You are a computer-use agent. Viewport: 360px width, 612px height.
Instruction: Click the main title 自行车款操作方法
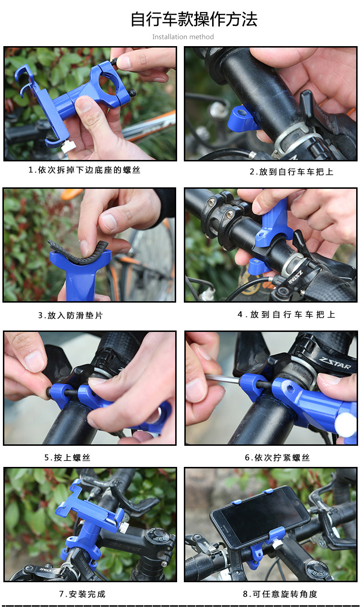coord(194,19)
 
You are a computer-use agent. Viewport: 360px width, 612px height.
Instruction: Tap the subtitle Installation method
coord(183,37)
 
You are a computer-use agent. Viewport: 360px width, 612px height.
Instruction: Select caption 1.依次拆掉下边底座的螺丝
coord(84,170)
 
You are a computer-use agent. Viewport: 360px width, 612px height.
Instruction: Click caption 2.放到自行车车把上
coord(291,172)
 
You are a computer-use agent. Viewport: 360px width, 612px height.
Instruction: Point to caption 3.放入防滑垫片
coord(71,316)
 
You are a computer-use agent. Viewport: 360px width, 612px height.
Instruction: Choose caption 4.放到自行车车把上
coord(286,315)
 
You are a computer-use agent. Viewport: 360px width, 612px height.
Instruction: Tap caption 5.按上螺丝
coord(67,458)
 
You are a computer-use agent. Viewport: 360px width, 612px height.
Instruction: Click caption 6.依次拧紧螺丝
coord(277,458)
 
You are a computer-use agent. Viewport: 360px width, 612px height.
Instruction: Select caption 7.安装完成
coord(82,594)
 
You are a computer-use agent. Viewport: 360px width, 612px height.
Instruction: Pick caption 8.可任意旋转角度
coord(280,594)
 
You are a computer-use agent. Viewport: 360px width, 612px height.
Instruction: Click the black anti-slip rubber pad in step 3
coord(78,253)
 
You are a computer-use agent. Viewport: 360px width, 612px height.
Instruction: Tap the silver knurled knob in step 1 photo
coord(68,147)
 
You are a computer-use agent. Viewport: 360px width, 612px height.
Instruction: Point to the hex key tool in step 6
coord(222,379)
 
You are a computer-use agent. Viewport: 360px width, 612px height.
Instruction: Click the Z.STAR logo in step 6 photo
coord(335,363)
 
